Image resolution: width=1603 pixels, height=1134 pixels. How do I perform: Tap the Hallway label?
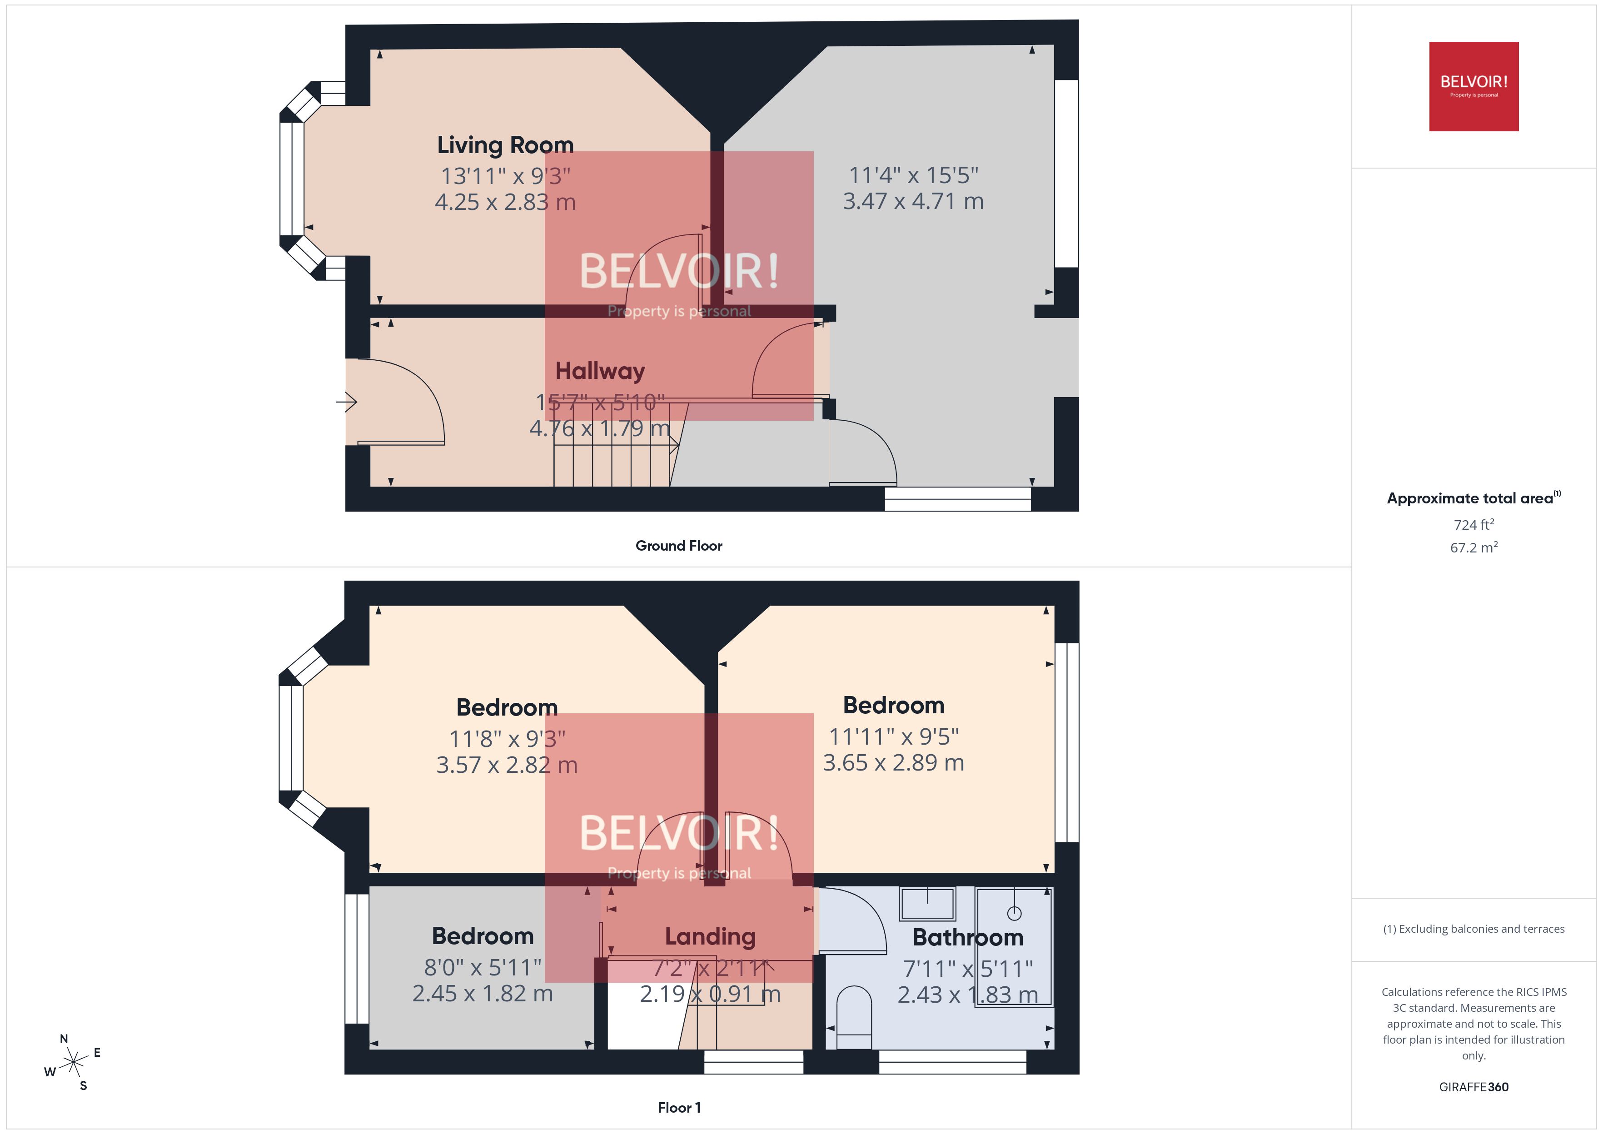pos(600,370)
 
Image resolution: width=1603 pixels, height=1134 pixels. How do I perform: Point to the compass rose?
pos(73,1063)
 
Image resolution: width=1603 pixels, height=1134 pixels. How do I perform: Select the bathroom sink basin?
pos(926,904)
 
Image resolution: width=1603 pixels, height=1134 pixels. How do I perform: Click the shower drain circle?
pos(1014,913)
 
